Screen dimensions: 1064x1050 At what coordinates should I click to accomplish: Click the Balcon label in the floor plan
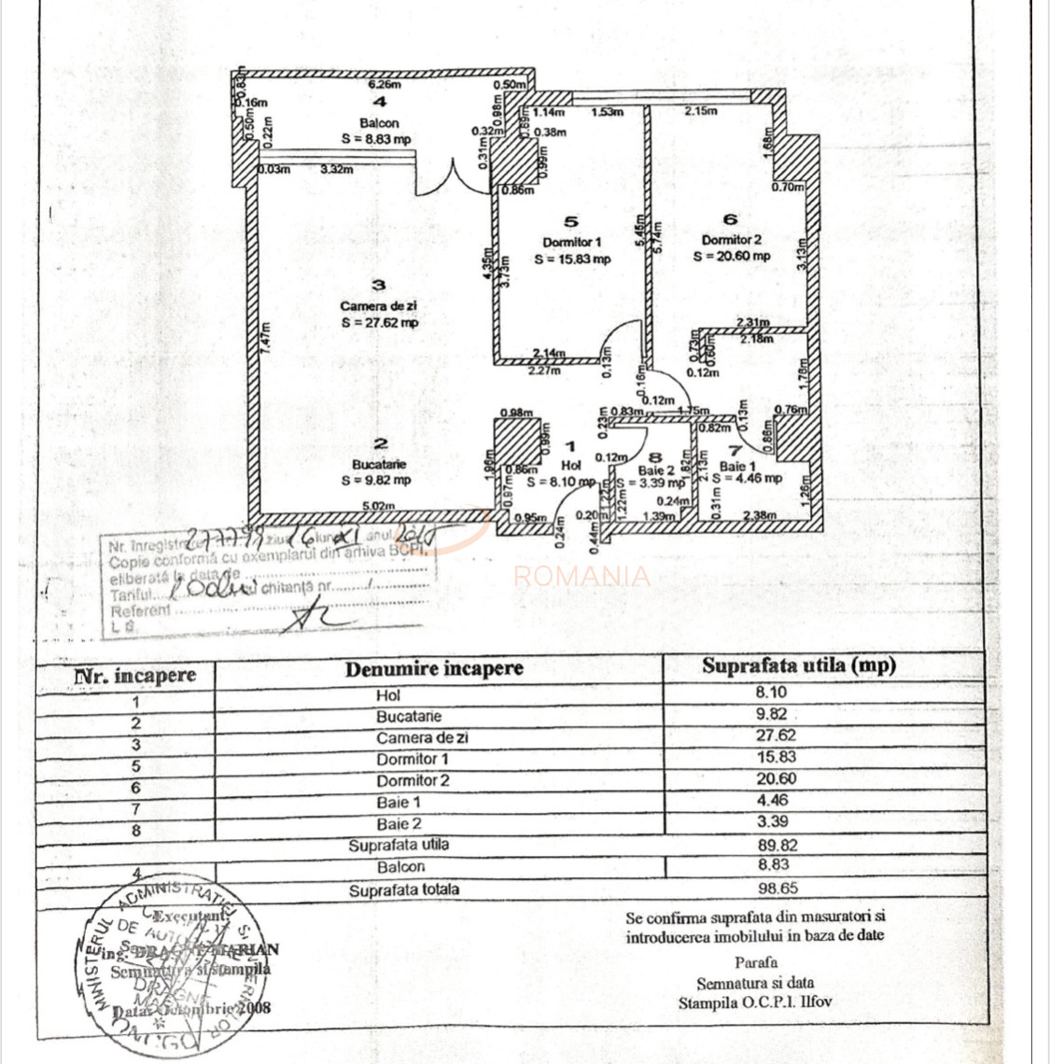click(379, 123)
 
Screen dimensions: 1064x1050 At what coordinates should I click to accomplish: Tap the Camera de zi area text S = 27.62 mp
click(379, 323)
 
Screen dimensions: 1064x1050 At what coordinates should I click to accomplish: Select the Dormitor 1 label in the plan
click(572, 242)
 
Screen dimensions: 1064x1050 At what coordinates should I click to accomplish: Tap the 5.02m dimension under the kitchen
click(374, 507)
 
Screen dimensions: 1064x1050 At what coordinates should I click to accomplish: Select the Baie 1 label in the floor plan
click(738, 466)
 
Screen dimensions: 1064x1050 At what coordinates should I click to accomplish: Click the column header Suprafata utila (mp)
click(798, 665)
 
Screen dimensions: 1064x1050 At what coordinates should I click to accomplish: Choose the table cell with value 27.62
click(777, 735)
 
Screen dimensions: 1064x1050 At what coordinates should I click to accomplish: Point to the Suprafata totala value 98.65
click(777, 889)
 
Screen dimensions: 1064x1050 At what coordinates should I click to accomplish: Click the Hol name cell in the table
click(388, 695)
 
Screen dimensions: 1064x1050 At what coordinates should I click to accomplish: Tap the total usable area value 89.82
click(777, 846)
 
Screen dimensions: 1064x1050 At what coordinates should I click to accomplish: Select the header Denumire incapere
click(434, 668)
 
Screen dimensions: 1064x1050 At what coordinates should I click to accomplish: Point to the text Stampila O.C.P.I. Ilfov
click(755, 1002)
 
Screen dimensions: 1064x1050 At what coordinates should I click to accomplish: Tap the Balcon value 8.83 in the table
click(777, 866)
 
